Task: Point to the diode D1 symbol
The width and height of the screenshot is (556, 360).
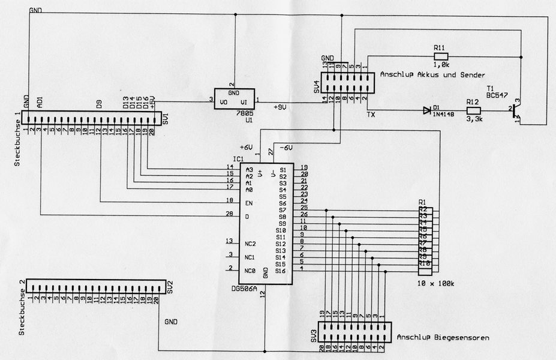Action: point(427,110)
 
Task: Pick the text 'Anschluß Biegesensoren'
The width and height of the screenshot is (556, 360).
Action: point(442,338)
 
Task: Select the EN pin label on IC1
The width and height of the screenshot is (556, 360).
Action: point(249,203)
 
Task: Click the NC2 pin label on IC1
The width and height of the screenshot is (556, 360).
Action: point(251,244)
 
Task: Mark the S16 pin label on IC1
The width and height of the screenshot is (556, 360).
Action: point(281,271)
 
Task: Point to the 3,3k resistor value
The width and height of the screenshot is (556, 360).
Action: point(474,121)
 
